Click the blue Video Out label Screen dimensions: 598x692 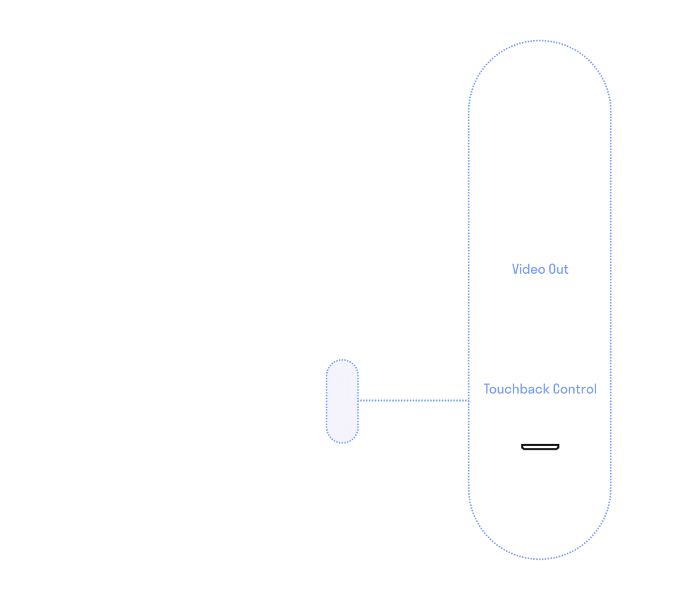541,269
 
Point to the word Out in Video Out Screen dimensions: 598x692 559,269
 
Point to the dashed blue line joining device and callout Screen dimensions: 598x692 412,401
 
